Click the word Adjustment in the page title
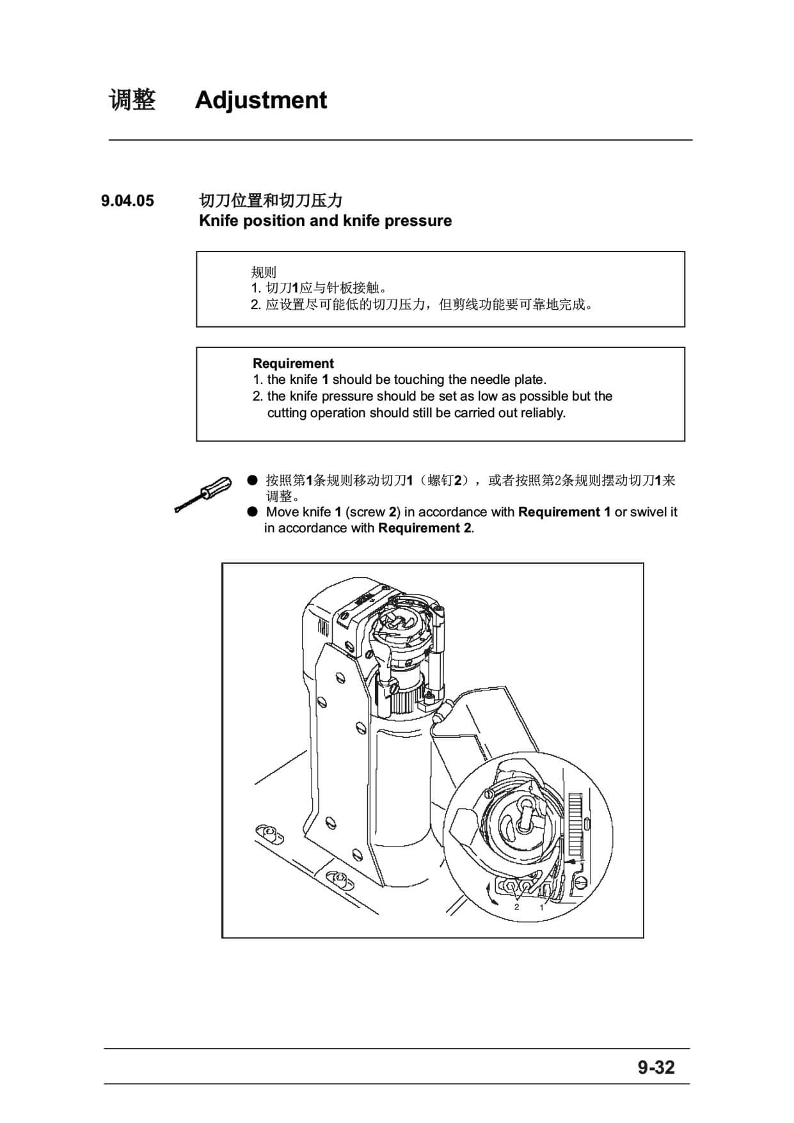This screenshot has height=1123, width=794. click(261, 100)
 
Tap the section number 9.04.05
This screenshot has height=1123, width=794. click(127, 201)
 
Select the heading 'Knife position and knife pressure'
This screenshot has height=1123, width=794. click(325, 221)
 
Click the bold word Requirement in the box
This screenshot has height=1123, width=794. click(293, 363)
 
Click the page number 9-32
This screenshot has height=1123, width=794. click(656, 1067)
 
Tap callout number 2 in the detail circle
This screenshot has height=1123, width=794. click(516, 907)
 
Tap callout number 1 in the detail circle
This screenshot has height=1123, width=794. click(541, 907)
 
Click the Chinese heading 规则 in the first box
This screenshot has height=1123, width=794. click(264, 272)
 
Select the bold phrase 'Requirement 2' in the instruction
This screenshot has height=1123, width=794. click(425, 528)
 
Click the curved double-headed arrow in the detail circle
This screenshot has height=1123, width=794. click(492, 892)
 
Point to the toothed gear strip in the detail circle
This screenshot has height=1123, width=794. click(575, 825)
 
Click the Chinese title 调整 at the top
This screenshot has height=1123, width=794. click(132, 100)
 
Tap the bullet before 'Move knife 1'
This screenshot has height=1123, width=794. click(253, 511)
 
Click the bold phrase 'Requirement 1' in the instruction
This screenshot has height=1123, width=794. click(564, 512)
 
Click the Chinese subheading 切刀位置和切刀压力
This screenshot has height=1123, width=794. click(271, 200)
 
